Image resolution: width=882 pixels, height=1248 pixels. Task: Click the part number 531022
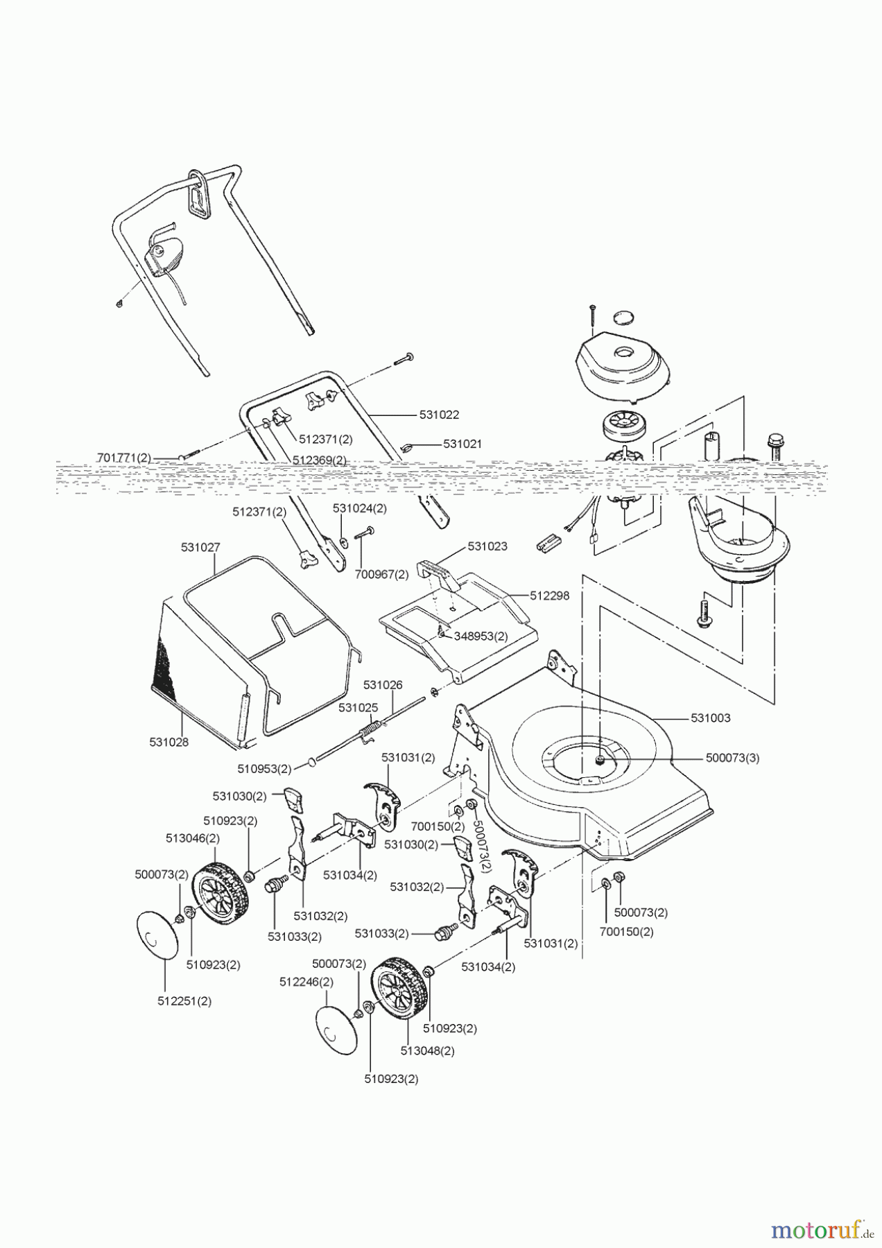(x=439, y=415)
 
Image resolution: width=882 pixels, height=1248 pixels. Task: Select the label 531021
(x=462, y=444)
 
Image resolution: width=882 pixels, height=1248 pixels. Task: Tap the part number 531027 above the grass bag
(x=200, y=547)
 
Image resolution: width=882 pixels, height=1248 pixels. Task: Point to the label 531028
(x=168, y=742)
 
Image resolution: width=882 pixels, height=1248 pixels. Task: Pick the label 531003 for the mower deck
(x=710, y=718)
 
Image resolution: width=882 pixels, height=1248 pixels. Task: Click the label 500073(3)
(x=732, y=758)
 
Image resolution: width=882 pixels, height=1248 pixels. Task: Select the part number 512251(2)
(x=184, y=1000)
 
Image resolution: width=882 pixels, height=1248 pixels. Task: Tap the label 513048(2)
(x=427, y=1050)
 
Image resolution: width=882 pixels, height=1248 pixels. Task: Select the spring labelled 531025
(x=371, y=729)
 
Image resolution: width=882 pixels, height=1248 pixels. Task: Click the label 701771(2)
(x=123, y=458)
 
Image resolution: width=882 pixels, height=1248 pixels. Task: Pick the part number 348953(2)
(x=481, y=635)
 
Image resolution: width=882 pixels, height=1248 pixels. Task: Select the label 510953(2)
(x=264, y=768)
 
